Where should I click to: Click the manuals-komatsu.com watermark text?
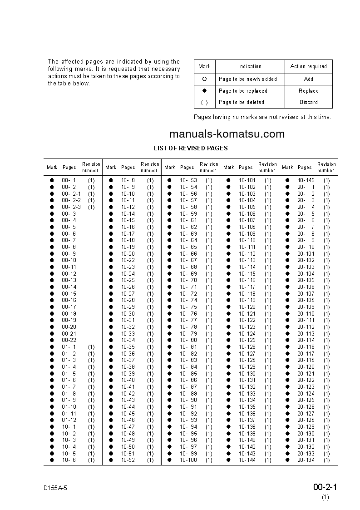click(227, 134)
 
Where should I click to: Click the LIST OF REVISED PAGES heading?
click(191, 148)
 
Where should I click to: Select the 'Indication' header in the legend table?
click(250, 66)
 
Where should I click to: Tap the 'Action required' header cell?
click(308, 66)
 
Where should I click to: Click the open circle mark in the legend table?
click(204, 79)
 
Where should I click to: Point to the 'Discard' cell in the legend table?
click(308, 102)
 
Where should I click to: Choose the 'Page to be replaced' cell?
click(243, 91)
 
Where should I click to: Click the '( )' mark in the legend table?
click(204, 102)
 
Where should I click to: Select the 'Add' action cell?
click(308, 79)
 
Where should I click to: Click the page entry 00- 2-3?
click(71, 207)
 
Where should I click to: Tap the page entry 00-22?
click(69, 341)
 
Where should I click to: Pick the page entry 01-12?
click(69, 421)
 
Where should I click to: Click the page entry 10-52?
click(128, 460)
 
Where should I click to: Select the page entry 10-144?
click(247, 460)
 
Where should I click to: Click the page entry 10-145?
click(306, 180)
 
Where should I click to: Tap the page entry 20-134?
click(306, 460)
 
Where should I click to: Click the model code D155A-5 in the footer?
click(55, 488)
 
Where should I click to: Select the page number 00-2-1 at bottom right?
click(325, 487)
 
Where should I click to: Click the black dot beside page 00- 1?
click(52, 180)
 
